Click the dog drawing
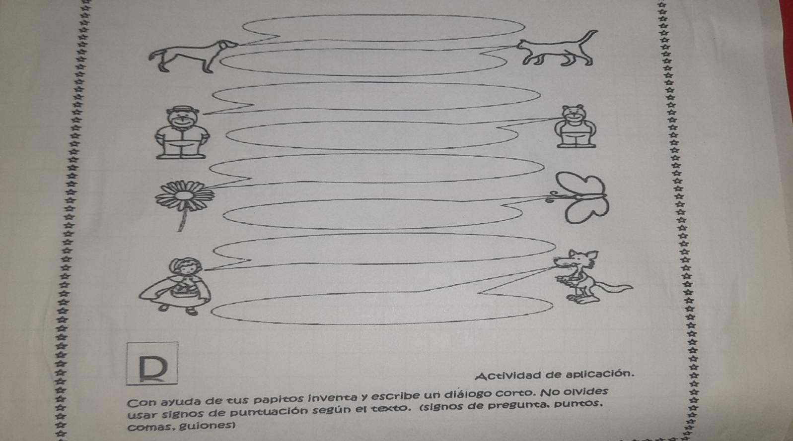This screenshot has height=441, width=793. point(193,56)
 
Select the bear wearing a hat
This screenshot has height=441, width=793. point(182,132)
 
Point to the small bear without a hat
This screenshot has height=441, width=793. point(576,126)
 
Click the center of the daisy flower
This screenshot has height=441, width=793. point(184,195)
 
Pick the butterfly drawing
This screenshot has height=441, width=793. point(579,197)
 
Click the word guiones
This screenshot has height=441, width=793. point(207,426)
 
